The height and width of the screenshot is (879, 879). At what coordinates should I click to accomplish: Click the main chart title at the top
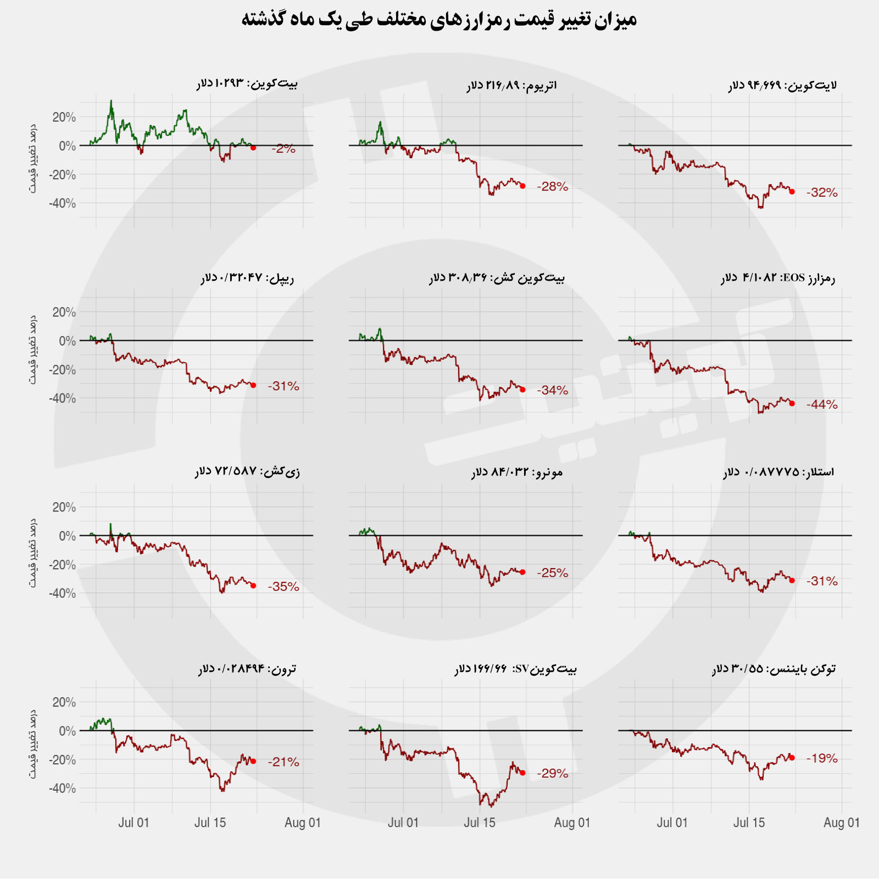point(439,20)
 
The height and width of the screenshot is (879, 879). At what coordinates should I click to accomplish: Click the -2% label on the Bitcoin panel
point(283,148)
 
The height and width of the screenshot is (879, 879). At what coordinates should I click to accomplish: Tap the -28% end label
point(553,187)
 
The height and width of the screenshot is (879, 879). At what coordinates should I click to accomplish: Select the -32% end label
point(822,193)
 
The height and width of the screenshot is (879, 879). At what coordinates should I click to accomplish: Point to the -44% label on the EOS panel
point(822,405)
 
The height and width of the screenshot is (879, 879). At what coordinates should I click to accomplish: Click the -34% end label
point(553,391)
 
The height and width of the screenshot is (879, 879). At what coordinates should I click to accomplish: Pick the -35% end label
point(283,587)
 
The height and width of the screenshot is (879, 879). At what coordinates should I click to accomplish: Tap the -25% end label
point(553,573)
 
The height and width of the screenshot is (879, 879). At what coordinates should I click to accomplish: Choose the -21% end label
point(283,762)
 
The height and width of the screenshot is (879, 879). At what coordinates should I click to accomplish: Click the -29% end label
point(553,774)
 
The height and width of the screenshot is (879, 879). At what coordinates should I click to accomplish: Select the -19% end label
point(822,759)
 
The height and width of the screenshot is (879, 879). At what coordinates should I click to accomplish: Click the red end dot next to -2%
point(253,148)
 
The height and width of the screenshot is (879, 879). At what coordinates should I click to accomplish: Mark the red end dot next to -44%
point(792,404)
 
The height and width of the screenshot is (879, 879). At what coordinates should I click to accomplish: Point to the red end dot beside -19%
point(792,758)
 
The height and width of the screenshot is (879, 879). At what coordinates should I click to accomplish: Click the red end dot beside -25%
point(522,572)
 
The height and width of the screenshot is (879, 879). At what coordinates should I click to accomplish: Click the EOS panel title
point(778,278)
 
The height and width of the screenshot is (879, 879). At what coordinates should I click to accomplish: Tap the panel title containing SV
point(515,669)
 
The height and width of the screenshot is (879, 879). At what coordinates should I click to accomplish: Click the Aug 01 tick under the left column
point(303,823)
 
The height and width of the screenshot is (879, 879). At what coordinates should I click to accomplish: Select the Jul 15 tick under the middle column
point(480,823)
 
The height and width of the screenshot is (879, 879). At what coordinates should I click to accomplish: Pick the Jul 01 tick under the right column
point(672,823)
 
